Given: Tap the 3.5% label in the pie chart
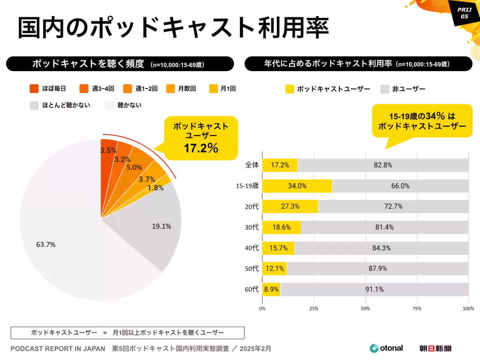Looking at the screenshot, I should click(108, 150).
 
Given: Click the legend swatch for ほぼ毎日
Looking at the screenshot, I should click(34, 89).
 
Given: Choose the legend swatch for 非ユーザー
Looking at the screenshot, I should click(385, 89).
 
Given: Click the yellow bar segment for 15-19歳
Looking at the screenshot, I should click(297, 186).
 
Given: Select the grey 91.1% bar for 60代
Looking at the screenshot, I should click(374, 290).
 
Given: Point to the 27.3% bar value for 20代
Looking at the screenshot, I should click(290, 207).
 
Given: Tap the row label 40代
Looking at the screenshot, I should click(252, 248).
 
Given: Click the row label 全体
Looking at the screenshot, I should click(252, 165).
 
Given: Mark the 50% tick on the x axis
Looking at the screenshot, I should click(365, 309).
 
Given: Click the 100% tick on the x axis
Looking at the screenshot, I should click(468, 309).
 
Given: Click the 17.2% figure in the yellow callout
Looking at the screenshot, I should click(201, 148).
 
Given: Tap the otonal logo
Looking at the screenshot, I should click(386, 348).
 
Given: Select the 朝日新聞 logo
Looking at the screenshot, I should click(435, 348).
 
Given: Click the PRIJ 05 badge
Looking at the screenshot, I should click(464, 14).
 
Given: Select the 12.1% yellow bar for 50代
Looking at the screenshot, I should click(274, 269).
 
